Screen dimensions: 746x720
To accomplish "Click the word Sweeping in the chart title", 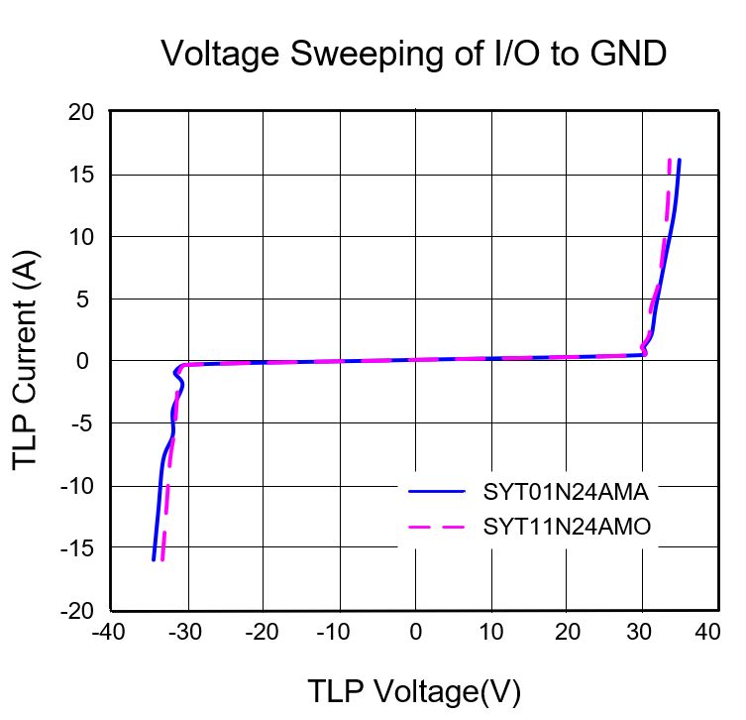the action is click(367, 55).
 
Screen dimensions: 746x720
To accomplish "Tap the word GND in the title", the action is click(628, 53).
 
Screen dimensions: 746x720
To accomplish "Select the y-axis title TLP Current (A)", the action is click(25, 360).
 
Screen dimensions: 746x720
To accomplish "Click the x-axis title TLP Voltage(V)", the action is click(414, 691).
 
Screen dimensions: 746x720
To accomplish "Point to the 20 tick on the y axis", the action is click(81, 113).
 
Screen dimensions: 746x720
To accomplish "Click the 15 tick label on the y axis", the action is click(81, 175).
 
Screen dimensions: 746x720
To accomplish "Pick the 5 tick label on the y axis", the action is click(83, 300).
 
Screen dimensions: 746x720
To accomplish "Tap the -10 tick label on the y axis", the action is click(77, 487).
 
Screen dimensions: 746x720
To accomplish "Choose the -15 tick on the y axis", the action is click(77, 548).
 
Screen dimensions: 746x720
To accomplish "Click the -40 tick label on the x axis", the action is click(108, 633).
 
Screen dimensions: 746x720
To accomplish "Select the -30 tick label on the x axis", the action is click(185, 633).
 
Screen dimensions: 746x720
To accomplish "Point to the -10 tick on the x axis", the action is click(333, 633).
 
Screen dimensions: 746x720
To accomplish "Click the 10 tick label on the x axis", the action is click(491, 633).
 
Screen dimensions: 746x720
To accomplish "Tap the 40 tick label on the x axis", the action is click(707, 633).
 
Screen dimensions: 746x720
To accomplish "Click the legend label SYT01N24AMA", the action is click(566, 492).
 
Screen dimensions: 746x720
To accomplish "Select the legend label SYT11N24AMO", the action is click(567, 527).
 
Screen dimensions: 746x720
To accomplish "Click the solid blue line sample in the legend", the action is click(436, 492).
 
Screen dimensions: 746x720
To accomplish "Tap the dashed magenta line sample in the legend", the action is click(436, 527).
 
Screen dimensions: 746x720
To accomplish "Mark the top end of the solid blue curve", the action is click(679, 160).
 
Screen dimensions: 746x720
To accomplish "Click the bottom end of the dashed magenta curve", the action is click(162, 559).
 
